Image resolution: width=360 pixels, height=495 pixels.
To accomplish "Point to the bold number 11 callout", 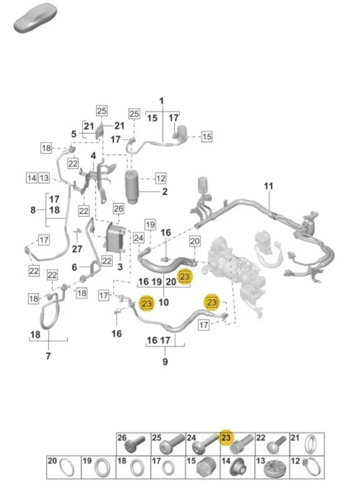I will point(268,186).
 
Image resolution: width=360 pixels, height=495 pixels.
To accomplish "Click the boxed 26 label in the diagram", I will point(118,209).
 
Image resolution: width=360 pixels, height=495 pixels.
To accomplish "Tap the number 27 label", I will point(77,249).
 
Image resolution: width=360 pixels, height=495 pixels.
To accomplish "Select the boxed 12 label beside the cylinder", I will point(160,179).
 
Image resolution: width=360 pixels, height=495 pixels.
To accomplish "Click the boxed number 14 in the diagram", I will point(32,178).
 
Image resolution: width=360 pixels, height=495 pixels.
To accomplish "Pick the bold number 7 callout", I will point(48,356).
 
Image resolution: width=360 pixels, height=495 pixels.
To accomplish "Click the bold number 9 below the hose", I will point(165,362).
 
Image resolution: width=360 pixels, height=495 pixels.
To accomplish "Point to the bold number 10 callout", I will point(163,302).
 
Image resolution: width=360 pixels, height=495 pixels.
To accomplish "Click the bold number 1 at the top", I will point(162,101).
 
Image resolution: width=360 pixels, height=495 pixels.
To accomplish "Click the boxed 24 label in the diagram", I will point(139,238).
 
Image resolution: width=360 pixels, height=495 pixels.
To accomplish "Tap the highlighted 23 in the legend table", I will point(225,438).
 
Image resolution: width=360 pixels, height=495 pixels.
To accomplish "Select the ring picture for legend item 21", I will point(310,444).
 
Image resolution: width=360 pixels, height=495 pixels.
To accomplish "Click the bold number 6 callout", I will point(74,267).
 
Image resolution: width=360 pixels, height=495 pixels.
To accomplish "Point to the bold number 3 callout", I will point(120,267).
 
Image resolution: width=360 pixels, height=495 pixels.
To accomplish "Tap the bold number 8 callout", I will point(33,210).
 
